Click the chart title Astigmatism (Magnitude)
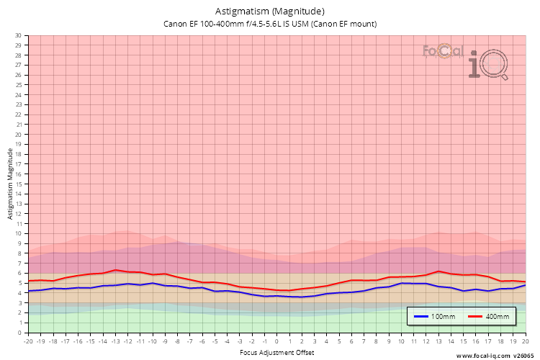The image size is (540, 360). click(270, 12)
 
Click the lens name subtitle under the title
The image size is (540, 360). click(270, 24)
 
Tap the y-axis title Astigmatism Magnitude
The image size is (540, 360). click(10, 184)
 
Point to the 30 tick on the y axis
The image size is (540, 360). click(18, 35)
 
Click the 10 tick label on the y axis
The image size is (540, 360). click(18, 233)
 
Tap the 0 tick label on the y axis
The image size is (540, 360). click(20, 333)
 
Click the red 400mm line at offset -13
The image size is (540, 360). click(116, 270)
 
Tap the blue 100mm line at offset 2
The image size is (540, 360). click(302, 297)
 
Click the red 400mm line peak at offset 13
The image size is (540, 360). click(438, 271)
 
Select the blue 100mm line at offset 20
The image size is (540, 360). click(525, 285)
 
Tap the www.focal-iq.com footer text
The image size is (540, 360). click(483, 356)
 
